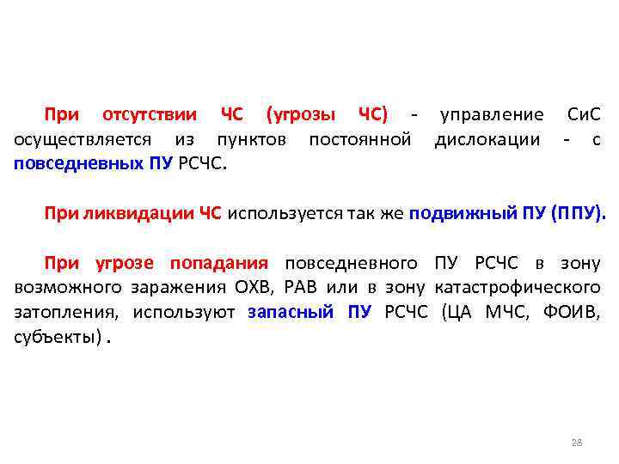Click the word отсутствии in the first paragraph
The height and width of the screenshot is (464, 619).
tap(150, 115)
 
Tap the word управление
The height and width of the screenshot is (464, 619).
tap(491, 115)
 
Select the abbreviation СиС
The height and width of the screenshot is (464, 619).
tap(585, 115)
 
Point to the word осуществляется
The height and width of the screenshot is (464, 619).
tap(82, 139)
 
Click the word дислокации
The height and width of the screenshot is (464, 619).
tap(487, 139)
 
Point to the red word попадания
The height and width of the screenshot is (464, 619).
tap(219, 263)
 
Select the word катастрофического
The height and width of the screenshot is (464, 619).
tap(518, 287)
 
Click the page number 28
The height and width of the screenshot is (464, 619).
tap(577, 443)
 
